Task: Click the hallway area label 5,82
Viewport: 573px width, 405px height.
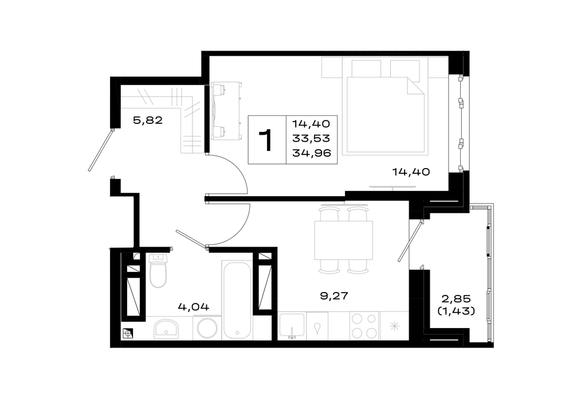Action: pos(148,120)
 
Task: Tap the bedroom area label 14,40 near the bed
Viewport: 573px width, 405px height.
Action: pos(411,172)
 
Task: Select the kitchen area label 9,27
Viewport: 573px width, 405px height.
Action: pos(334,295)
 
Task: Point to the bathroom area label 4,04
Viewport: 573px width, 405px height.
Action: pos(193,306)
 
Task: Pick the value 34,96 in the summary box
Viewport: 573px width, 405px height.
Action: pos(311,153)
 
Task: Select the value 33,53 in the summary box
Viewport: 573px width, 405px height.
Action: pos(311,138)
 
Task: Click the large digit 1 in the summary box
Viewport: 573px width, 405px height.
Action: pos(266,140)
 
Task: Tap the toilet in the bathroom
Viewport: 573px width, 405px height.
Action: pos(158,270)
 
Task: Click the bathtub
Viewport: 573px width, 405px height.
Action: pos(237,299)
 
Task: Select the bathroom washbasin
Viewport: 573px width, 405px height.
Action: pos(166,329)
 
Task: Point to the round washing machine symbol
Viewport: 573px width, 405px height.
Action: pos(207,328)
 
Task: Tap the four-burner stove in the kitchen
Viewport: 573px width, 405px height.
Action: pos(364,326)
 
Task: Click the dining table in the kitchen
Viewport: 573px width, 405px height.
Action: pos(343,240)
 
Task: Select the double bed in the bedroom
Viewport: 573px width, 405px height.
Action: pos(385,114)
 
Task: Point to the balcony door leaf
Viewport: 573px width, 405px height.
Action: pos(410,241)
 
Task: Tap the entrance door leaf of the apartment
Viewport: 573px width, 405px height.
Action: pos(100,150)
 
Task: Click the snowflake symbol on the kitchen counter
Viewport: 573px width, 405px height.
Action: pos(394,326)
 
